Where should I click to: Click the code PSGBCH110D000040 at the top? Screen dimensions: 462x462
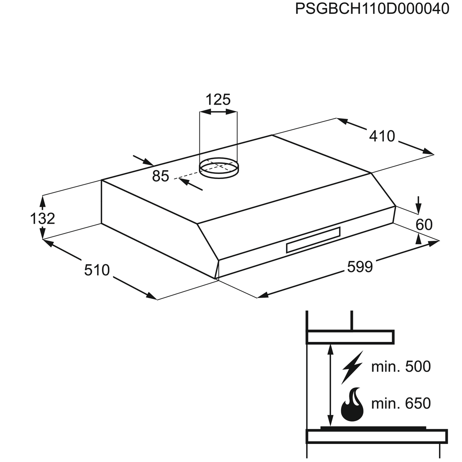pyautogui.click(x=372, y=8)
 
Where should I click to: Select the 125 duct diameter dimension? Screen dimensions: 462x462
pyautogui.click(x=218, y=99)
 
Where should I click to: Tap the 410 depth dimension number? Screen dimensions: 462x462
pyautogui.click(x=382, y=136)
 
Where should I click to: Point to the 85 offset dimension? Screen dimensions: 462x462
pyautogui.click(x=161, y=176)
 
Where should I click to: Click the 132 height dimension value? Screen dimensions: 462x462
pyautogui.click(x=43, y=218)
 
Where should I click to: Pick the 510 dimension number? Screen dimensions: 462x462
pyautogui.click(x=97, y=270)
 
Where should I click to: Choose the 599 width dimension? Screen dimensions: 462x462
pyautogui.click(x=360, y=266)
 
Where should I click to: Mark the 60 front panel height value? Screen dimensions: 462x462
pyautogui.click(x=424, y=224)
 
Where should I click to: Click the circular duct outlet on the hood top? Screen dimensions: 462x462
pyautogui.click(x=218, y=168)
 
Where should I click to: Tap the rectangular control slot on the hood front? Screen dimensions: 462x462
pyautogui.click(x=313, y=239)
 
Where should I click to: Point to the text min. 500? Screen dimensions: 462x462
pyautogui.click(x=401, y=367)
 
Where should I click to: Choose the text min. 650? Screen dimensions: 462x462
pyautogui.click(x=401, y=403)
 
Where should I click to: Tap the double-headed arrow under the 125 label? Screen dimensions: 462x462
pyautogui.click(x=218, y=112)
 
